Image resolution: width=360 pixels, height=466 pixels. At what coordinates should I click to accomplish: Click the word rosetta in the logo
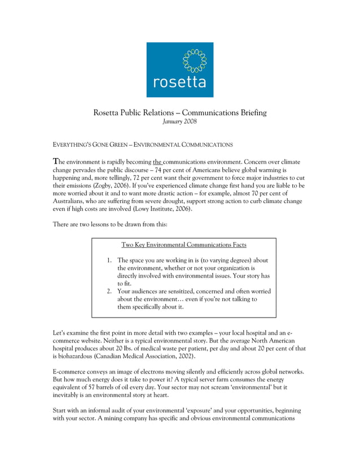click(x=180, y=82)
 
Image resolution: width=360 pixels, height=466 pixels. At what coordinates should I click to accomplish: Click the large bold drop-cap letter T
click(x=55, y=161)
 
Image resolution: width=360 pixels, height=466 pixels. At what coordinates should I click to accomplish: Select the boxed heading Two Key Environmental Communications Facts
click(x=183, y=245)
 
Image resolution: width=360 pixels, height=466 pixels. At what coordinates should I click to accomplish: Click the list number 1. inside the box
click(x=109, y=261)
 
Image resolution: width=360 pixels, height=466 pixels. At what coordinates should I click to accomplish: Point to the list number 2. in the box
click(x=109, y=292)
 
